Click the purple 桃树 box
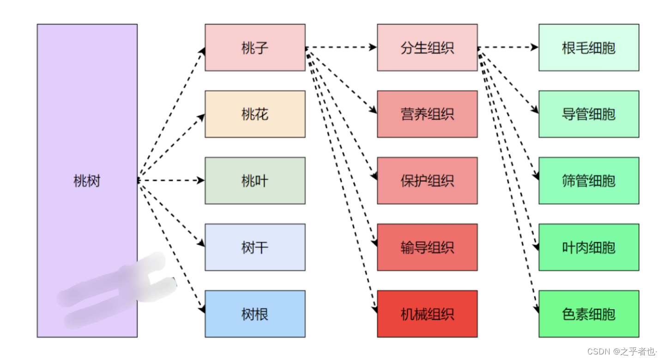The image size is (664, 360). (x=87, y=180)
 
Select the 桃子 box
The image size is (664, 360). (x=255, y=48)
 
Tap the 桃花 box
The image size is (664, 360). (x=255, y=114)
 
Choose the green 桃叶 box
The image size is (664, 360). (x=255, y=180)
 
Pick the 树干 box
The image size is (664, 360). (x=255, y=247)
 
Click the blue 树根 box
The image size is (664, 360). (x=255, y=314)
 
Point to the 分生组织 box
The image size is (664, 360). (x=427, y=48)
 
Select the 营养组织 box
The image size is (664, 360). (x=427, y=114)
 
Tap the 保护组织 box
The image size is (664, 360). (x=427, y=180)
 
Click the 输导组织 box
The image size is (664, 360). (x=427, y=247)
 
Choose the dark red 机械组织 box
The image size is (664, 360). (x=427, y=314)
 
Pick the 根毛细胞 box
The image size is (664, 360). (x=589, y=48)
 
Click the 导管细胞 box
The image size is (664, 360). (x=589, y=114)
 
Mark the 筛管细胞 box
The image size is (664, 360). (x=589, y=180)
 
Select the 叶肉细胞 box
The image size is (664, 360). (x=589, y=247)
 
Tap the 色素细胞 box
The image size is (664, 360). (x=589, y=314)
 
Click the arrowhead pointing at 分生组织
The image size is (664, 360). (x=374, y=47)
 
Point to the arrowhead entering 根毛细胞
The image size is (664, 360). (x=535, y=47)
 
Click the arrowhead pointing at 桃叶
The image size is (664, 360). (x=201, y=180)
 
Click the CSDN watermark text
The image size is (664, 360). (x=622, y=352)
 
